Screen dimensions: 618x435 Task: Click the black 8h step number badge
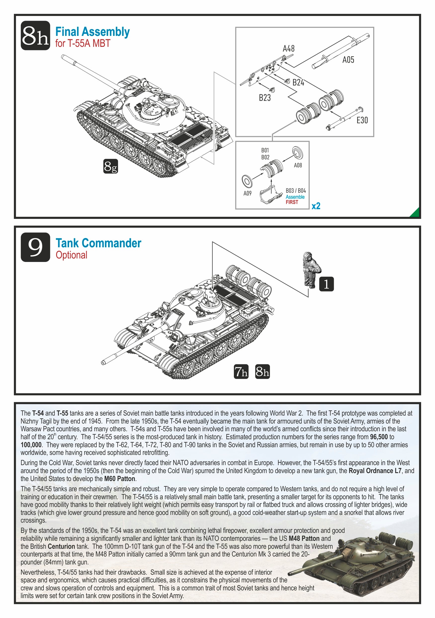[x=35, y=36]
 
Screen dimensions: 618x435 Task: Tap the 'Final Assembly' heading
[x=92, y=32]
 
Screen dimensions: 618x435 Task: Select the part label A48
[x=289, y=49]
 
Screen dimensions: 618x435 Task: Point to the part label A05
[x=348, y=60]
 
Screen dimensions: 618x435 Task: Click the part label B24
[x=298, y=83]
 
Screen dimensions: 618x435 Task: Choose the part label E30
[x=362, y=120]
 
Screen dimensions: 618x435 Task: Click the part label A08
[x=298, y=166]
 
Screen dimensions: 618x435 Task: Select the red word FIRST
[x=292, y=202]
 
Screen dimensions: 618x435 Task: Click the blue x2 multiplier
[x=316, y=206]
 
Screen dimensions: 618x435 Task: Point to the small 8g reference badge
[x=111, y=166]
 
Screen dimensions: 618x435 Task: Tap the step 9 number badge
[x=35, y=247]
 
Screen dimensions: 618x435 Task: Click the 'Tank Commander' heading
[x=98, y=243]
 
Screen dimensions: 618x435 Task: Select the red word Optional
[x=72, y=255]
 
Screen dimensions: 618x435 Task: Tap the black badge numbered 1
[x=326, y=284]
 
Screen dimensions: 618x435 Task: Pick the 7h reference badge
[x=241, y=371]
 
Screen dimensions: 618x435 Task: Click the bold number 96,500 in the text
[x=379, y=437]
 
